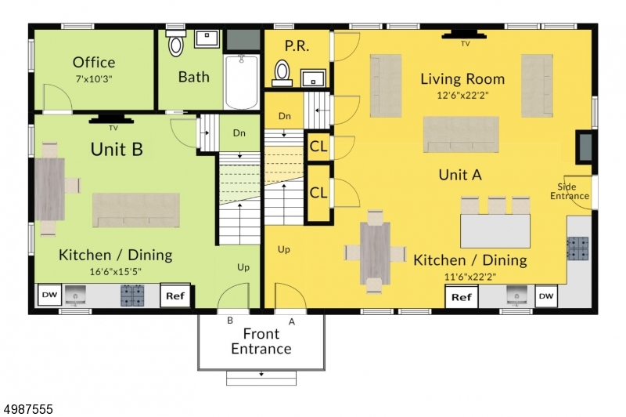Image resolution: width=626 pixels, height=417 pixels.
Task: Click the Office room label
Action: tap(94, 63)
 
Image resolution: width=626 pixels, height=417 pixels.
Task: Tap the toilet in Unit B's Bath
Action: tap(175, 42)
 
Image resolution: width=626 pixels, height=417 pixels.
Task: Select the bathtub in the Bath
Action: tap(242, 82)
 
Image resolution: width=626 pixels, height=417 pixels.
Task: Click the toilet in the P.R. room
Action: tap(282, 74)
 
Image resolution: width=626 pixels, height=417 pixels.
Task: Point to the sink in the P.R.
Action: tap(313, 78)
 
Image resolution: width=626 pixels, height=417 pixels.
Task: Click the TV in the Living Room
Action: tap(464, 34)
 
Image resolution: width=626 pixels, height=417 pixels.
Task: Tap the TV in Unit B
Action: tap(111, 118)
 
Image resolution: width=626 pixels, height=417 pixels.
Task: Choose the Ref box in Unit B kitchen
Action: tap(175, 296)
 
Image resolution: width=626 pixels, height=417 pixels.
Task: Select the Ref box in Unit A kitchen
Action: tap(462, 297)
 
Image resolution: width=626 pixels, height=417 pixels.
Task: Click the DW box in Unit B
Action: tap(49, 295)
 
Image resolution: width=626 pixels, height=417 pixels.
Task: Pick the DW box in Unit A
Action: tap(546, 296)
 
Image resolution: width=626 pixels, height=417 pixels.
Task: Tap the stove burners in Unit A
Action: tap(578, 248)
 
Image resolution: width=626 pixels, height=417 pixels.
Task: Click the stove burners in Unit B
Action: tap(132, 296)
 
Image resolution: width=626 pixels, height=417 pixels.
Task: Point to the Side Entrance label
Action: tap(570, 191)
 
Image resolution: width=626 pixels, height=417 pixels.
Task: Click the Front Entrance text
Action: tap(261, 341)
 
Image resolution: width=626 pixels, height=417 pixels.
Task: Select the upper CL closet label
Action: tap(318, 147)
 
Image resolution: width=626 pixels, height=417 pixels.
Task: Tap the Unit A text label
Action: tap(460, 175)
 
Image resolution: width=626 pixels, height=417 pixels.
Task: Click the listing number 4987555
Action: tap(28, 409)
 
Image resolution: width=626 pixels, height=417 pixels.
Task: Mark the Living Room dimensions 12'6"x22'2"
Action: tap(462, 95)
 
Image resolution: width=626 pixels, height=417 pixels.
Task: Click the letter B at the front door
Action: tap(230, 321)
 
